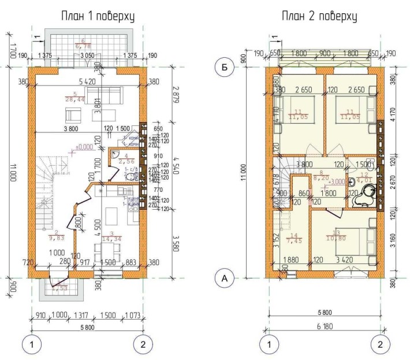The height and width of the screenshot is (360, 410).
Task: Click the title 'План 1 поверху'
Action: (x=98, y=16)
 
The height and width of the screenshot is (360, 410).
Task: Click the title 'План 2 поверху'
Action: (x=319, y=16)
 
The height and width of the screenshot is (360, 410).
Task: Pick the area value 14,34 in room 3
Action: (x=109, y=237)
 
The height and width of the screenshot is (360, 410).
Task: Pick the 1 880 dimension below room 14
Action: (x=292, y=260)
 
